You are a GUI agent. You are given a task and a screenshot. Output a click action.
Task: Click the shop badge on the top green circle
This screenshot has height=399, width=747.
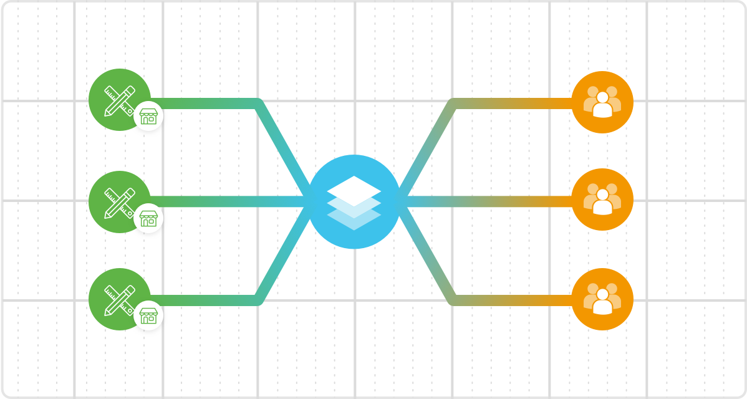[148, 117]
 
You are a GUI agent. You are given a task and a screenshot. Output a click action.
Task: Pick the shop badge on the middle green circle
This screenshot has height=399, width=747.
[148, 218]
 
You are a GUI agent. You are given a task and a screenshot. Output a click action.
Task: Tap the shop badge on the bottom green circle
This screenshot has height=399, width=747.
[148, 315]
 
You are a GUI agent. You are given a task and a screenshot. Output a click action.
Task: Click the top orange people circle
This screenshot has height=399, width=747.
[602, 102]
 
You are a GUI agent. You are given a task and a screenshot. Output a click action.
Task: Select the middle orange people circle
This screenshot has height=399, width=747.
[602, 199]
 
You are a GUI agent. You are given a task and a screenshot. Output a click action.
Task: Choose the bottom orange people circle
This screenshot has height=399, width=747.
[602, 299]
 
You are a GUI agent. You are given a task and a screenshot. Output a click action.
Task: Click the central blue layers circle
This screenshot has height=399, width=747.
[354, 202]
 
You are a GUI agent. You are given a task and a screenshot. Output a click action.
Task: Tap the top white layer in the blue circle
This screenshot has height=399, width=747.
[354, 188]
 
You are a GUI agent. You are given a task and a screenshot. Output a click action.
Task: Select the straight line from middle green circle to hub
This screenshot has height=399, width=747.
[231, 201]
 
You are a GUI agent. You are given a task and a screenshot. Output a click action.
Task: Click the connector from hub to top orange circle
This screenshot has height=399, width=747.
[511, 103]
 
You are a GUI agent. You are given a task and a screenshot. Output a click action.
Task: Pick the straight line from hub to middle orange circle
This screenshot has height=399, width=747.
[486, 201]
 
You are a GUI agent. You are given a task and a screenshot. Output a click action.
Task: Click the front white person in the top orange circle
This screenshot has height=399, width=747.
[602, 107]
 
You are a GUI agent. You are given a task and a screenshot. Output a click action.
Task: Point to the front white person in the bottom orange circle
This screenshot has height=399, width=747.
[602, 304]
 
